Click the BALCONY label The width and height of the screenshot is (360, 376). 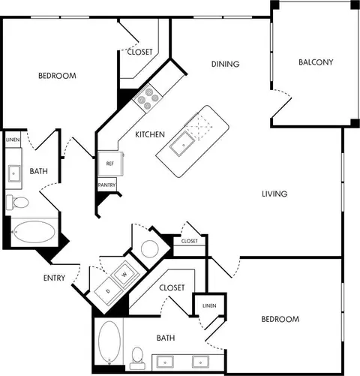pos(316,62)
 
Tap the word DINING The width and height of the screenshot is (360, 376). pos(225,64)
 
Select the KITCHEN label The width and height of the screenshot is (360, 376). pos(150,134)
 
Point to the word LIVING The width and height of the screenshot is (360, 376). pos(274,194)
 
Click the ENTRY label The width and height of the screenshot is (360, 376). pos(54,278)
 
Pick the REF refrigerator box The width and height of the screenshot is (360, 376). pos(110,164)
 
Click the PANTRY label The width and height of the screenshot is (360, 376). pos(106,185)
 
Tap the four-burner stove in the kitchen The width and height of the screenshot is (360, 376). pos(148,98)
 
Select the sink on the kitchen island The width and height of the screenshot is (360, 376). pos(182,144)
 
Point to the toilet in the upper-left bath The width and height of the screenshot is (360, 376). pos(17,202)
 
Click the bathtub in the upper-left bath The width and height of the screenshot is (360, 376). pos(34,232)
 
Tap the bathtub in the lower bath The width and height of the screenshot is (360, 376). pos(109,342)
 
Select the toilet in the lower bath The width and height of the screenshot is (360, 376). pos(137,358)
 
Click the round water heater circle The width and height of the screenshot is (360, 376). pos(150,249)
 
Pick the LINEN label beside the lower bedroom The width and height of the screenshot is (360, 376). pos(209,305)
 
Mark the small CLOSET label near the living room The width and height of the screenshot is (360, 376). pos(190,241)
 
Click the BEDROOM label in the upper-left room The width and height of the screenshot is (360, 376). pos(57,76)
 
